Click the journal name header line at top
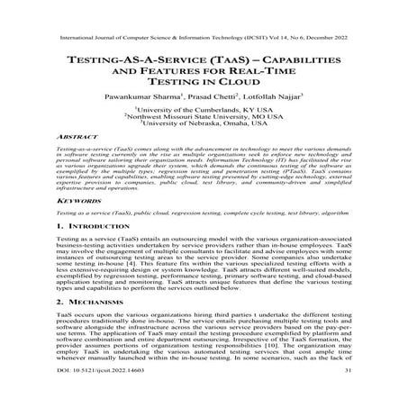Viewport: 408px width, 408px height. (204, 41)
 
